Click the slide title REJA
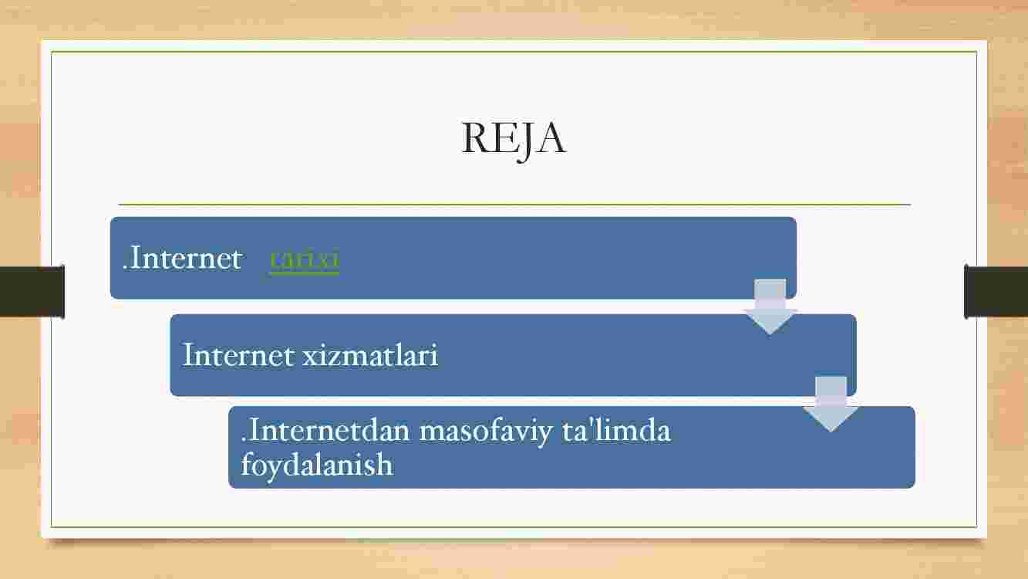pyautogui.click(x=514, y=140)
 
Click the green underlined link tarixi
pyautogui.click(x=305, y=259)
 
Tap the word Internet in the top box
pyautogui.click(x=185, y=259)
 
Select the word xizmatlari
pyautogui.click(x=370, y=355)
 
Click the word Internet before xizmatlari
pyautogui.click(x=238, y=355)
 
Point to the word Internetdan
pyautogui.click(x=329, y=431)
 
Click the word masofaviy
pyautogui.click(x=486, y=432)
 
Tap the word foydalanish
pyautogui.click(x=317, y=465)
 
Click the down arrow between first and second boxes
pyautogui.click(x=770, y=306)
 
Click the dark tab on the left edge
pyautogui.click(x=32, y=292)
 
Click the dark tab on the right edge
pyautogui.click(x=996, y=292)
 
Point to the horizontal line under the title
pyautogui.click(x=514, y=205)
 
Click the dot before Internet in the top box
pyautogui.click(x=125, y=268)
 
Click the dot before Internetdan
pyautogui.click(x=244, y=441)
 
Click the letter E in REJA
pyautogui.click(x=504, y=138)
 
